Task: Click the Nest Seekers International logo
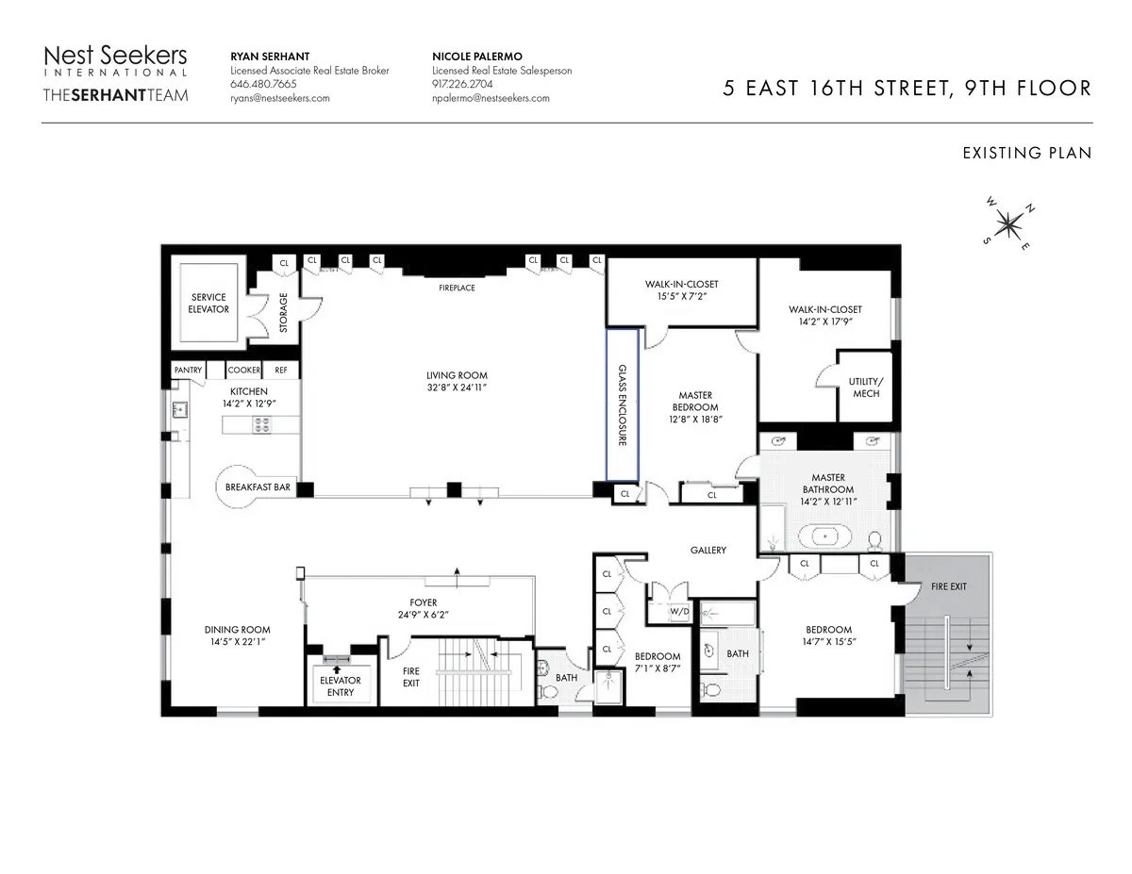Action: [x=116, y=60]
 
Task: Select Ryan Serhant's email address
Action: [x=280, y=98]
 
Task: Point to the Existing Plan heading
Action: [x=1026, y=153]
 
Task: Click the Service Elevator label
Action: [x=208, y=304]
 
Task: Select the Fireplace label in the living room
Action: [x=457, y=288]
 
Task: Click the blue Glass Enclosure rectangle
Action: [x=623, y=404]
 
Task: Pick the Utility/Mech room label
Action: [x=865, y=388]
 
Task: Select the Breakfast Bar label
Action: [x=258, y=487]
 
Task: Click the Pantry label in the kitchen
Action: [x=188, y=371]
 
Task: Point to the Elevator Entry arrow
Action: [x=337, y=668]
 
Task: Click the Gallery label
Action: [x=707, y=550]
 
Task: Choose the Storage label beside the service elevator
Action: [x=283, y=313]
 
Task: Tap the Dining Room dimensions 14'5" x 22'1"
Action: [x=238, y=642]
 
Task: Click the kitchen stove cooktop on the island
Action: [x=260, y=425]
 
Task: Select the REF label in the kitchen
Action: [x=281, y=371]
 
